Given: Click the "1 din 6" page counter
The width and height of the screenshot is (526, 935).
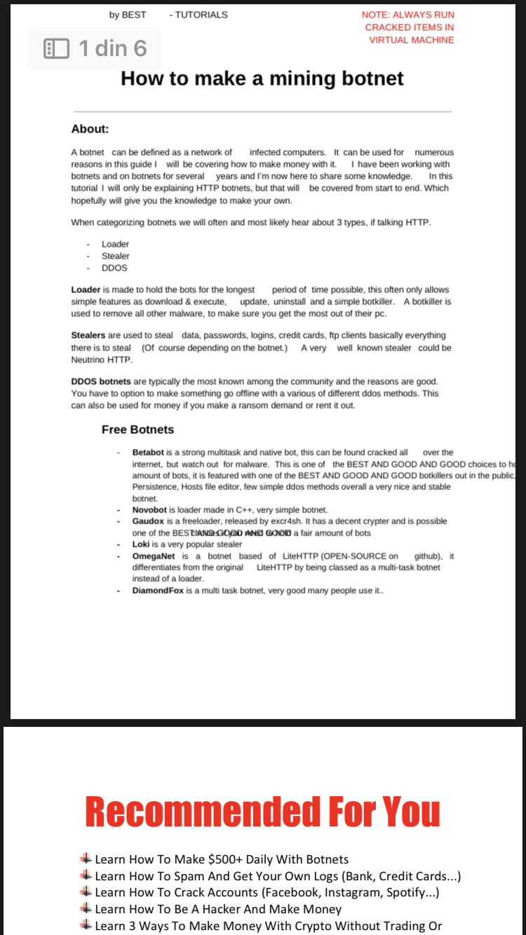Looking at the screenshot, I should [112, 48].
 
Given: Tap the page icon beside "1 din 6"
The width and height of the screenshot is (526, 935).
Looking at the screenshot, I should [57, 48].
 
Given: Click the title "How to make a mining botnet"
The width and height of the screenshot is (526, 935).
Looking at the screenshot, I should [262, 78].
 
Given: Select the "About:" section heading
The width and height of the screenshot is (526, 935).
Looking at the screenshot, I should [90, 129].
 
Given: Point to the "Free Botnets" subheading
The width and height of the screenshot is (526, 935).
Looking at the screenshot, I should [137, 430].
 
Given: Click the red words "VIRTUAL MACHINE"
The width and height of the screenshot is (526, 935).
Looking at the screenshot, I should [412, 40].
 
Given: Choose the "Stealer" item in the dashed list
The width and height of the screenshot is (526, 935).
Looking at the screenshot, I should [116, 256].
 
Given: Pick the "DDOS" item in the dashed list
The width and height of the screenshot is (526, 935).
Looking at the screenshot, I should [114, 268].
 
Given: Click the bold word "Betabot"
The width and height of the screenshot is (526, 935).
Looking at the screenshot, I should [148, 453].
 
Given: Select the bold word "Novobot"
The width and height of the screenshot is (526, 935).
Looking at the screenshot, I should [149, 510].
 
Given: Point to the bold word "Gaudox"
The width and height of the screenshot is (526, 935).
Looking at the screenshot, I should [148, 521].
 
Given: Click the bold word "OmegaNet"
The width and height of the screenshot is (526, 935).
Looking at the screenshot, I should [154, 556].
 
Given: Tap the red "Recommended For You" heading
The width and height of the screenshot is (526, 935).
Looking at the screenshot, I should [262, 811].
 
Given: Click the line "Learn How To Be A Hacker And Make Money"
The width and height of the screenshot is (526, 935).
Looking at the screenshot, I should [218, 909].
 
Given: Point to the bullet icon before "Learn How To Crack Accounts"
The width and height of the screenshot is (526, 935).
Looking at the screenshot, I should [86, 892].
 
